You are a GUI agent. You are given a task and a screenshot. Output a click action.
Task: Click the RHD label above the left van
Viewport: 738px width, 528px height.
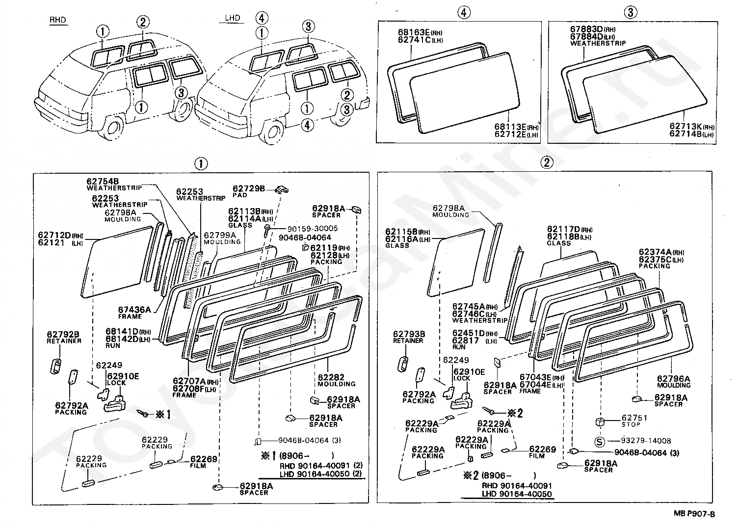tap(58, 20)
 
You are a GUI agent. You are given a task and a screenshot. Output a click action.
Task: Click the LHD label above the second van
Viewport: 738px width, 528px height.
tap(233, 18)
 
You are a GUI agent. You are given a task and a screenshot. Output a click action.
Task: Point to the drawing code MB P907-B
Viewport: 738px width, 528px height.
tap(694, 514)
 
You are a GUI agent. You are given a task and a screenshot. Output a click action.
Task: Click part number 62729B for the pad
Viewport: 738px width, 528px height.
tap(249, 188)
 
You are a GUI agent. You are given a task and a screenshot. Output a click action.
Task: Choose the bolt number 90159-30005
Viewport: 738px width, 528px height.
tap(313, 229)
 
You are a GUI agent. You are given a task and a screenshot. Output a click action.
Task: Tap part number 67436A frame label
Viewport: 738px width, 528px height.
tap(134, 310)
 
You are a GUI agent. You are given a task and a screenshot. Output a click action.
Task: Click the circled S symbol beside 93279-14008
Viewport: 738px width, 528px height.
tap(600, 442)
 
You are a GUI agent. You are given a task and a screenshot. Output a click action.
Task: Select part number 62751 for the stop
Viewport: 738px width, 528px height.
tap(634, 418)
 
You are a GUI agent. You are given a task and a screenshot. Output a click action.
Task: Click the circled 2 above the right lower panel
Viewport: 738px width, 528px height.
tap(547, 162)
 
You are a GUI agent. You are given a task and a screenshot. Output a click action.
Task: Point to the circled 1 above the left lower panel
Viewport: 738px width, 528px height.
tap(201, 164)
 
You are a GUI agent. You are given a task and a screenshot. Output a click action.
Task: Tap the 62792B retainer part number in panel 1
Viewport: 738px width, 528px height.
tap(63, 335)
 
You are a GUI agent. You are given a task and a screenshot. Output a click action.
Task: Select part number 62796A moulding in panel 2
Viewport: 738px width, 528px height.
tap(673, 379)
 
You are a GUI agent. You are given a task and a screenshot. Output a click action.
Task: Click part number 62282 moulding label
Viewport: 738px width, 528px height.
tap(331, 377)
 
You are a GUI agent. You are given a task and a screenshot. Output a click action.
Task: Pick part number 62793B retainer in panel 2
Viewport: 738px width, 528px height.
tap(409, 334)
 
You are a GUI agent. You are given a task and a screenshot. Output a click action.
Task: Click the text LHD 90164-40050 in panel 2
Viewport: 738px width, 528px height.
tap(517, 494)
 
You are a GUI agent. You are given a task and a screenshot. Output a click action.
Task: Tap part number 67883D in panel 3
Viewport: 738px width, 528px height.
tap(586, 29)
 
